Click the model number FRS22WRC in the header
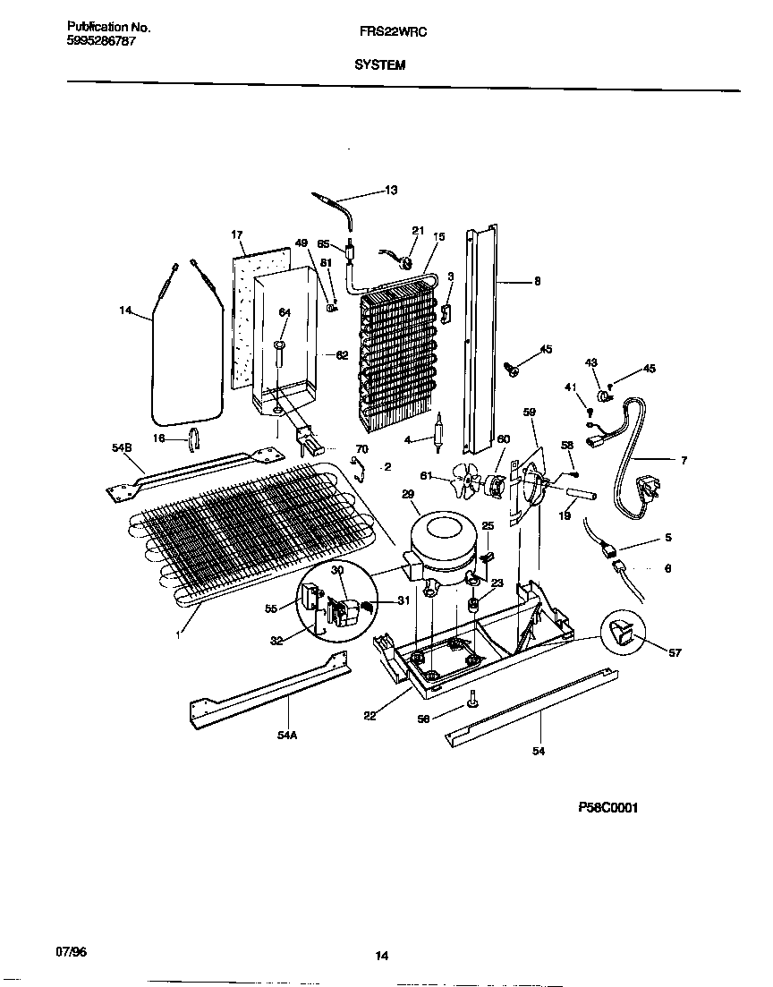pyautogui.click(x=379, y=30)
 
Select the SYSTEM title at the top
pyautogui.click(x=379, y=64)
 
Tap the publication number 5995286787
pyautogui.click(x=102, y=41)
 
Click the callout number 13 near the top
pyautogui.click(x=391, y=190)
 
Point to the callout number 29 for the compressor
pyautogui.click(x=408, y=494)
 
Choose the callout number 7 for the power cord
pyautogui.click(x=684, y=461)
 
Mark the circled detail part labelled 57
pyautogui.click(x=623, y=635)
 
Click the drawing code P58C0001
pyautogui.click(x=607, y=806)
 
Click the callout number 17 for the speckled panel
pyautogui.click(x=237, y=235)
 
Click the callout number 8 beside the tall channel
pyautogui.click(x=537, y=281)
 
